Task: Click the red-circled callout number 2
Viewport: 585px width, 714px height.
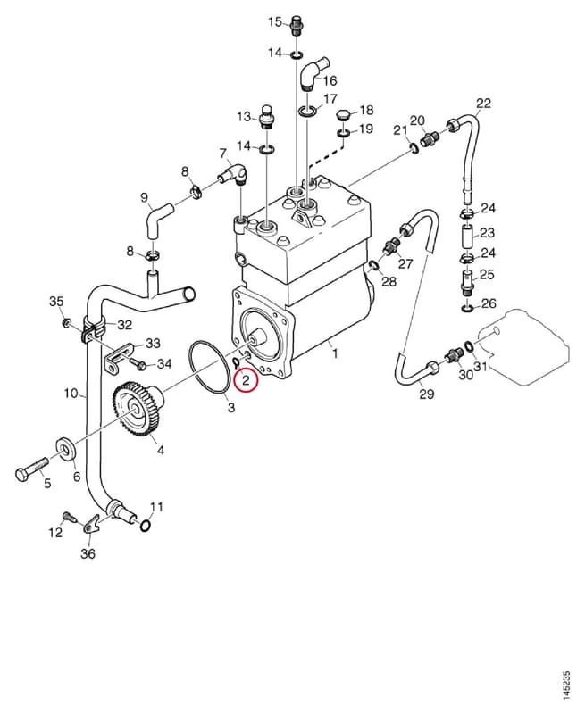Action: click(x=246, y=380)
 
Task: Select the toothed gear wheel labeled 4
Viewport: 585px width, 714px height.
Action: click(x=137, y=409)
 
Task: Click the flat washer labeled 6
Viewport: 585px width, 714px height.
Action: click(x=65, y=449)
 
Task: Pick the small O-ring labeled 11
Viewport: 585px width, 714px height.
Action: click(x=145, y=526)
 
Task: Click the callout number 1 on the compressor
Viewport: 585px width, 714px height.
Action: click(x=335, y=353)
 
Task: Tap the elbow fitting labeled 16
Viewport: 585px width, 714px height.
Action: click(x=311, y=73)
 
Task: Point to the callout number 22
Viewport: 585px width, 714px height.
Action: click(x=483, y=104)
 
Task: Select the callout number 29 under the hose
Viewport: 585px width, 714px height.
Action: click(x=426, y=394)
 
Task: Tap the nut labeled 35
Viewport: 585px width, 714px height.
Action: click(x=66, y=324)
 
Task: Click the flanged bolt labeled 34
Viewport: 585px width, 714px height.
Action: click(x=137, y=363)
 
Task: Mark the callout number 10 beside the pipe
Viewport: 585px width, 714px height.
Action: click(x=71, y=393)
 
